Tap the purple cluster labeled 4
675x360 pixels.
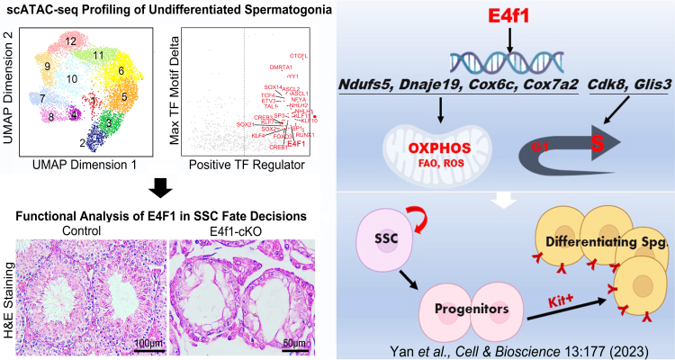tap(75, 114)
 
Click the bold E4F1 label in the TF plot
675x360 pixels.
tap(296, 143)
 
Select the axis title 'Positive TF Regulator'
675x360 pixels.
tap(242, 166)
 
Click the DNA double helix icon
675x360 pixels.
tap(505, 60)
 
